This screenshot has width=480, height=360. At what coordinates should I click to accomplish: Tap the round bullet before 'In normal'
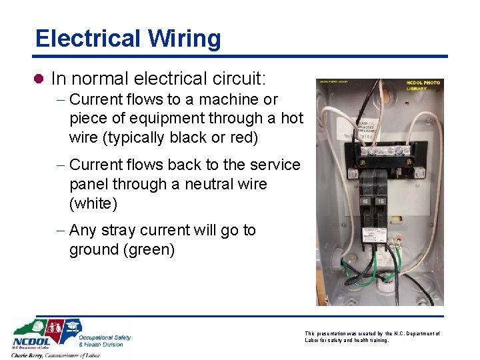(39, 79)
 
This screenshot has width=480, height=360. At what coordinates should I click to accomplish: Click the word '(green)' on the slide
(122, 249)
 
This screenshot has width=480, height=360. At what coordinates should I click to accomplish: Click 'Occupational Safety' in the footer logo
(105, 337)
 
